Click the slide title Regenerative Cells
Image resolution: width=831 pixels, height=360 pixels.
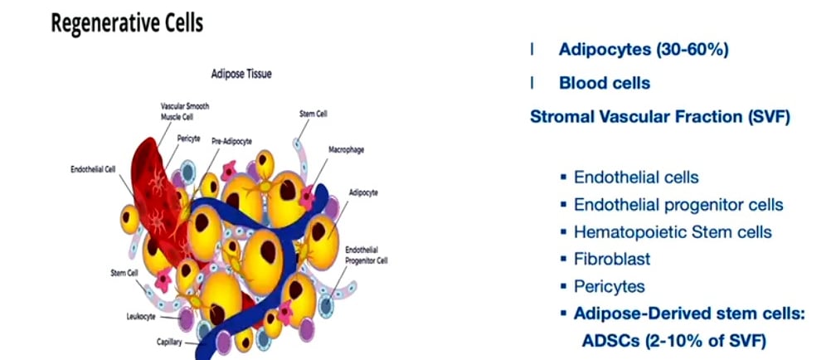127,23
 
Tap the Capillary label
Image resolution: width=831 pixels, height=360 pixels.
172,341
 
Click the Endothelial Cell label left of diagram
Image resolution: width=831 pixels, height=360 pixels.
92,168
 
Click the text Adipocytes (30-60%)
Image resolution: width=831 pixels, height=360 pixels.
643,50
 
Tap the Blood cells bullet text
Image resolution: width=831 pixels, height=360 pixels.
604,83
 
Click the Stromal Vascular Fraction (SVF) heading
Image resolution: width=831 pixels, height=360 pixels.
660,116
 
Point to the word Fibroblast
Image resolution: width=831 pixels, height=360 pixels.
612,259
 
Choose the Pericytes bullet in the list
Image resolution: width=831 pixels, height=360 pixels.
610,286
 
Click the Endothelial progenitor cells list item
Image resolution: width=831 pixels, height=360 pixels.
678,204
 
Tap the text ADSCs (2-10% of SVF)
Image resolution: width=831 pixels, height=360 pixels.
673,340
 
